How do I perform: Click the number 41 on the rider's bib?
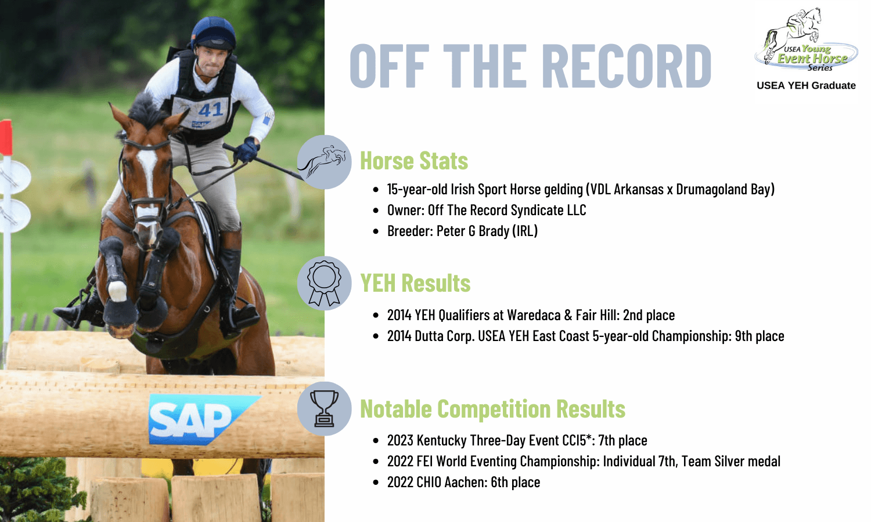click(210, 110)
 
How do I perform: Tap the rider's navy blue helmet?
click(214, 34)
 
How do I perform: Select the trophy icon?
click(324, 408)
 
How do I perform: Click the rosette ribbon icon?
click(324, 283)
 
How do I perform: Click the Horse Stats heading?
click(414, 161)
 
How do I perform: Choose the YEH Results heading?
click(415, 283)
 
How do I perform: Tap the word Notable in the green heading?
click(396, 408)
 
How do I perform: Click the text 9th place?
click(760, 336)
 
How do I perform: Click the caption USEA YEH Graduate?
click(806, 85)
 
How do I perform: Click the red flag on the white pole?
click(6, 137)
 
